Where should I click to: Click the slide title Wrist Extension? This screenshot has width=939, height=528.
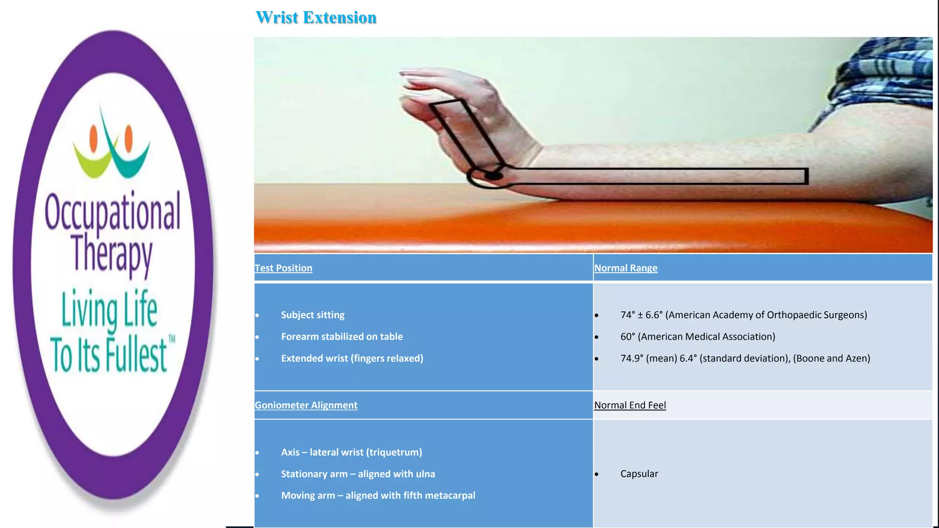coord(316,18)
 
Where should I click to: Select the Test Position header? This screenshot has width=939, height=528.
coord(283,268)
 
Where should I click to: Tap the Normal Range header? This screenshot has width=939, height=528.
coord(625,268)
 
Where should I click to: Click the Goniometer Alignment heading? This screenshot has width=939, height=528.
coord(306,405)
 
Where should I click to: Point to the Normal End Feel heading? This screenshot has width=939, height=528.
coord(630,405)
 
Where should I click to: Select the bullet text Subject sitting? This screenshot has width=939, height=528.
coord(313,315)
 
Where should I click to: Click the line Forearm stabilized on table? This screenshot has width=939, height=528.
coord(342,336)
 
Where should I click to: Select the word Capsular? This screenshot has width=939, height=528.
coord(639,474)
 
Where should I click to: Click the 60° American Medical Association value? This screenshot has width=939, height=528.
coord(697,336)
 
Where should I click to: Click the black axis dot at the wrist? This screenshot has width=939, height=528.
coord(493,176)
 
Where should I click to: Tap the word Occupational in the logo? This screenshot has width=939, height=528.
coord(113,212)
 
